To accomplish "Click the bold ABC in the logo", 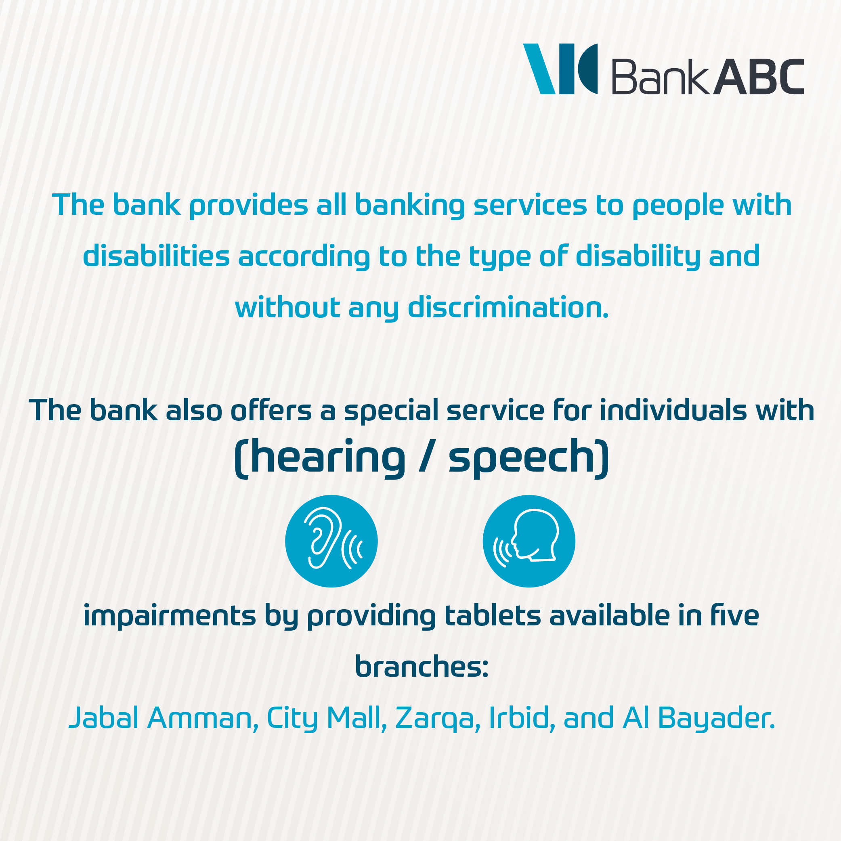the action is coord(758,77).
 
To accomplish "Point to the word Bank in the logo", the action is coord(661,77).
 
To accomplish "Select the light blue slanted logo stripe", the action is coord(539,69).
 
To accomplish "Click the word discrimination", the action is coord(508,307).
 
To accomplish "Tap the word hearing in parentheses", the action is coord(328,457).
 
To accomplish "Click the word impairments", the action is coord(169,617).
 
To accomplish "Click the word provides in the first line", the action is coord(249,205).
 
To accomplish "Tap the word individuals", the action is coord(673,411).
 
